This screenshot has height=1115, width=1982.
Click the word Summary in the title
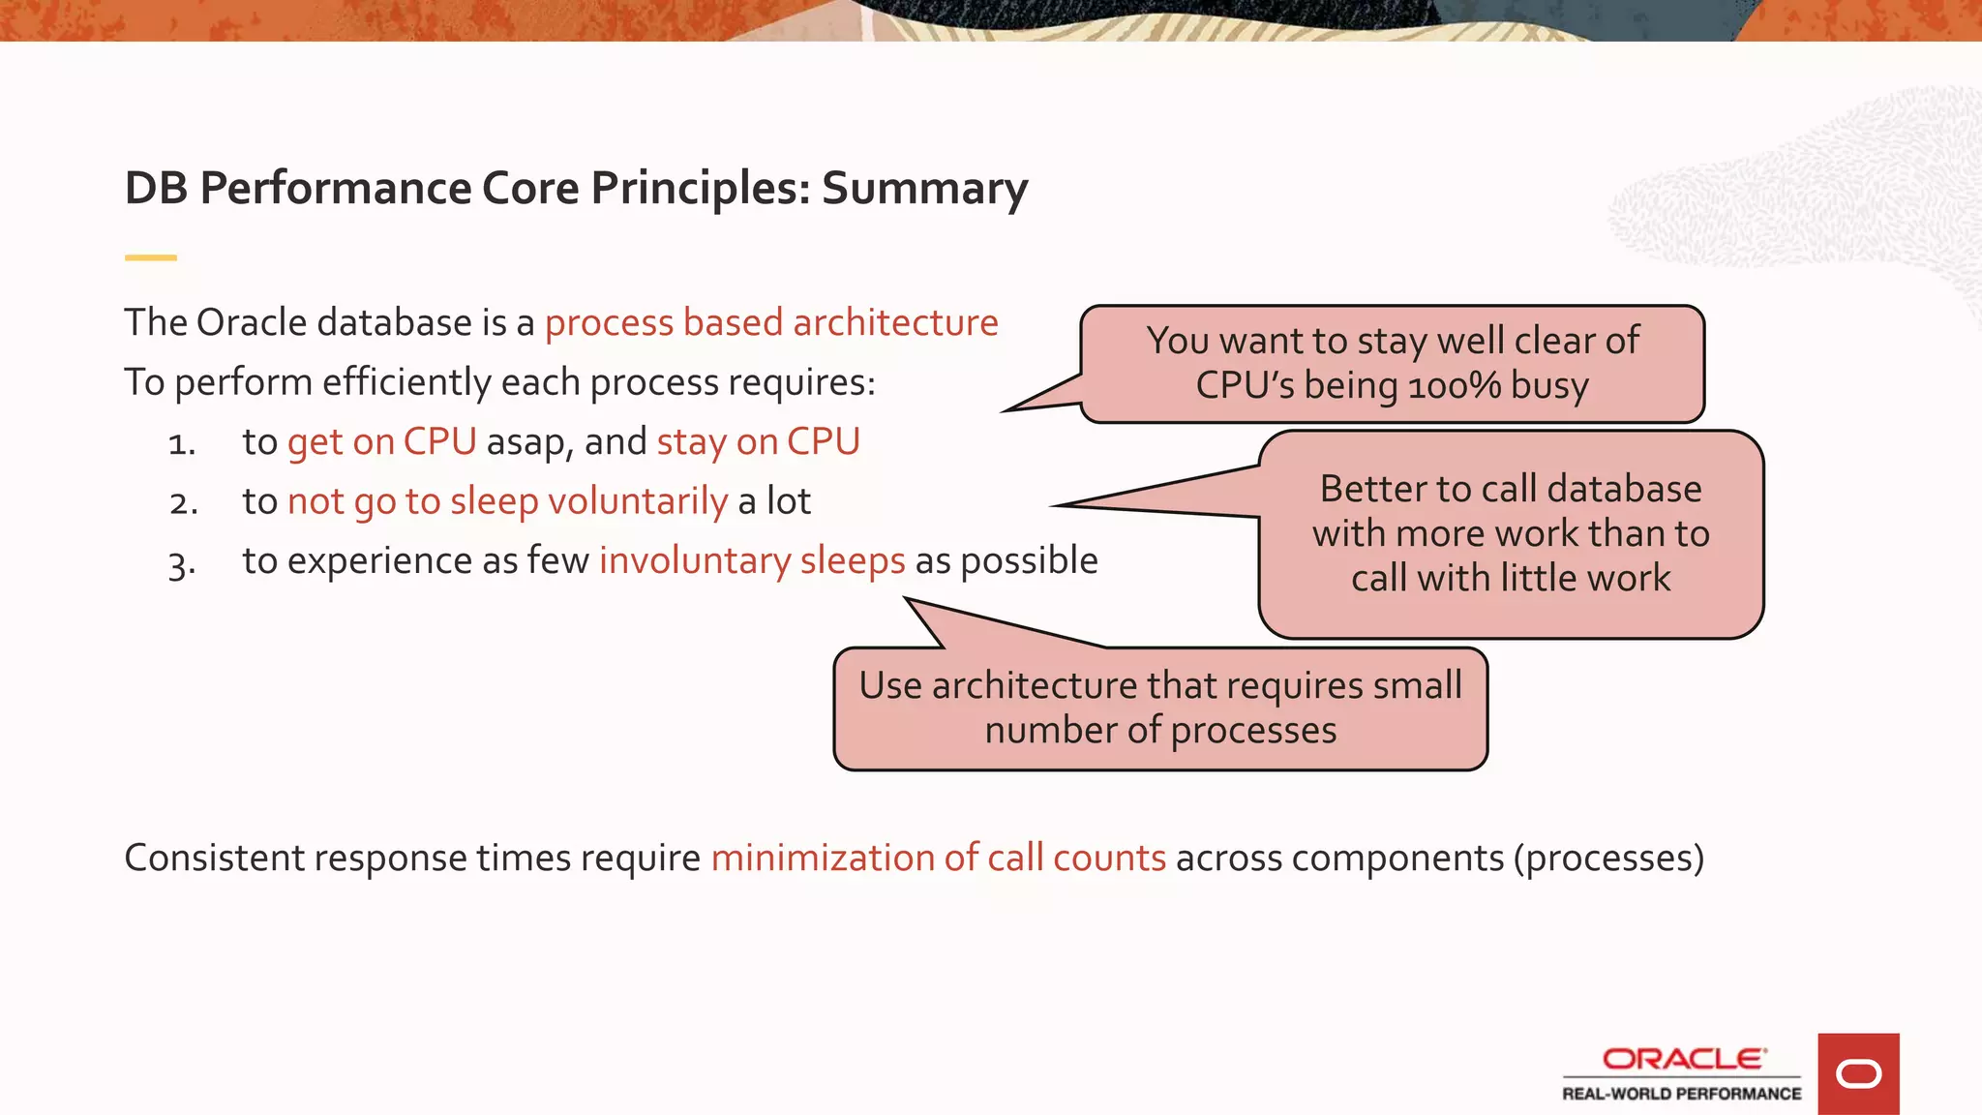[x=924, y=188]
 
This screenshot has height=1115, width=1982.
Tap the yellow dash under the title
[x=150, y=257]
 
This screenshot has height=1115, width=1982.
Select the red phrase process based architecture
[x=770, y=322]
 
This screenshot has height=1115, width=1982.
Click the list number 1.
[x=181, y=443]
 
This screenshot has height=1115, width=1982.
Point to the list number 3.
[x=181, y=563]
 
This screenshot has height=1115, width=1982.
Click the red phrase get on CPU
[x=381, y=441]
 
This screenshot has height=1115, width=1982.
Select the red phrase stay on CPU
[x=758, y=441]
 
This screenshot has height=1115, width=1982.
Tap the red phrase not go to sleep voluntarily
[x=507, y=501]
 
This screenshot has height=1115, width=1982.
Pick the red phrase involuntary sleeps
[x=752, y=560]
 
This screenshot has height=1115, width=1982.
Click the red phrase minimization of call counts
[x=938, y=858]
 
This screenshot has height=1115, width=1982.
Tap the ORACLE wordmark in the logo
[x=1683, y=1059]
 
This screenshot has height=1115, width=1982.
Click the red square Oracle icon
[x=1858, y=1073]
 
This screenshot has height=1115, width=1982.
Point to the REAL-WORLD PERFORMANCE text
[x=1681, y=1094]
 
